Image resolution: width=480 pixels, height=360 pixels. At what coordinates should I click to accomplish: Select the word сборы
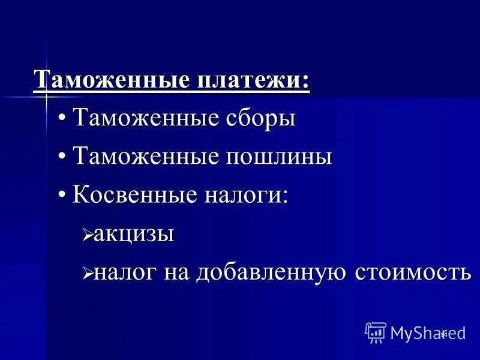[x=259, y=118]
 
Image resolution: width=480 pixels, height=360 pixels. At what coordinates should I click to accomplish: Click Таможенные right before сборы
[x=145, y=118]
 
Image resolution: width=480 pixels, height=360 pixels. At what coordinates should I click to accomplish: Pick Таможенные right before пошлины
[x=145, y=157]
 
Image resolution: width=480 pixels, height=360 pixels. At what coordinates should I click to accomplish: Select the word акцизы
[x=134, y=234]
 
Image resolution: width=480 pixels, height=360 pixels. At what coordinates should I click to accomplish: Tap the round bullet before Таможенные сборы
[x=62, y=119]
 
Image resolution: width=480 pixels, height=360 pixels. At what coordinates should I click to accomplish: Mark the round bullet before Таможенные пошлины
[x=62, y=157]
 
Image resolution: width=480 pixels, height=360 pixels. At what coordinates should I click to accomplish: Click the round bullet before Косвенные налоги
[x=62, y=196]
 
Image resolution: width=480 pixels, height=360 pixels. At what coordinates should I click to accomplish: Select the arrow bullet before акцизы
[x=87, y=235]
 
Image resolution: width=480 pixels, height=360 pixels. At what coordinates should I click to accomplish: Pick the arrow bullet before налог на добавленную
[x=87, y=274]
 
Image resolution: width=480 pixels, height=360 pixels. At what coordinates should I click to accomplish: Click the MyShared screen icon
[x=376, y=332]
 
